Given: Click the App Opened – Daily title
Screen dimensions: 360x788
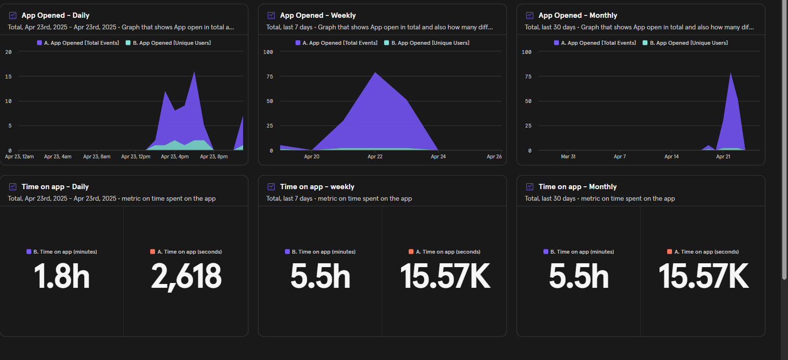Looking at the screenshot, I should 55,15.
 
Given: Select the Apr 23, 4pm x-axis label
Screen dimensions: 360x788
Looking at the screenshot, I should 175,156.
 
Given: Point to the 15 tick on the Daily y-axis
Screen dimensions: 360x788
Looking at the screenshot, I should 8,77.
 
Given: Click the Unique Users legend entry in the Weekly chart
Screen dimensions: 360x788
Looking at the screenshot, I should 430,43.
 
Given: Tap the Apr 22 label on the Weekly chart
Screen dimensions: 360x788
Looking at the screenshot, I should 375,156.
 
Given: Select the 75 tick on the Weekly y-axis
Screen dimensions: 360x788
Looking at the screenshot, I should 270,77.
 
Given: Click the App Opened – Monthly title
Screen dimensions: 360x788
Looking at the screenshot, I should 578,15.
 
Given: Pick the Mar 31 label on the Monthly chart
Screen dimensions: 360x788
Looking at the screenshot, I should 568,156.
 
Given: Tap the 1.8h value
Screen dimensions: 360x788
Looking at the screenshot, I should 62,277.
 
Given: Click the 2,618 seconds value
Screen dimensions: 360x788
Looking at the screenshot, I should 186,277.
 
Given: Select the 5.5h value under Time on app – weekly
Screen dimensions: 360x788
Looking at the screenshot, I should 320,277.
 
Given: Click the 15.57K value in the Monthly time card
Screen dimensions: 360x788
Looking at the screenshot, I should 703,277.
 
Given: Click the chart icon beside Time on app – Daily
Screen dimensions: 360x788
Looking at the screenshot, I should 13,187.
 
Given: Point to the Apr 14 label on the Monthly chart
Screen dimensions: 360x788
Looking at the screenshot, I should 672,156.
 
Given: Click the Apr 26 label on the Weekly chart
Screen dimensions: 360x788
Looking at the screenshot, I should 494,156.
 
